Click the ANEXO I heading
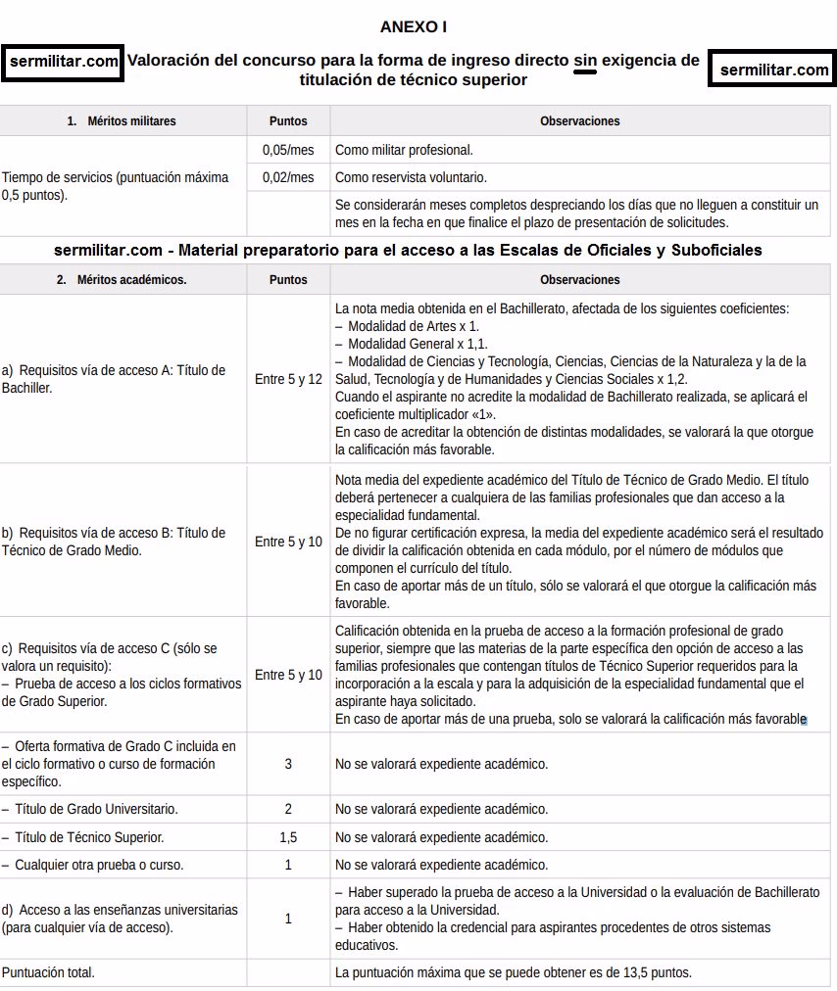tap(414, 27)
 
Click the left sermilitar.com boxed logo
tap(64, 62)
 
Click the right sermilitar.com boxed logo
tap(773, 71)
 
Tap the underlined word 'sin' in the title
tap(585, 61)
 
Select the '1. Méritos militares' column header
tap(123, 121)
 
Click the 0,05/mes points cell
tap(288, 151)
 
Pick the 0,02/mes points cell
tap(288, 177)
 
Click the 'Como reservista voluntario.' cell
tap(411, 177)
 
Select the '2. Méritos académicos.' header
tap(123, 279)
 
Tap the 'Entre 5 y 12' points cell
tap(288, 379)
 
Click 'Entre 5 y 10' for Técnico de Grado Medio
tap(288, 542)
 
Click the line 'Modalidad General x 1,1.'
tap(411, 344)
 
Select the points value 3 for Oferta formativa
tap(288, 764)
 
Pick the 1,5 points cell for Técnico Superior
tap(288, 837)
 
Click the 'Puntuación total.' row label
tap(48, 972)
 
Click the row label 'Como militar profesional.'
tap(404, 151)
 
